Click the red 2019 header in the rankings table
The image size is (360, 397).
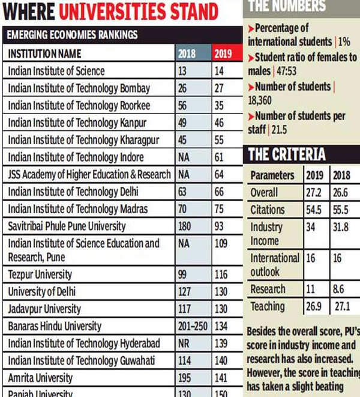tap(223, 54)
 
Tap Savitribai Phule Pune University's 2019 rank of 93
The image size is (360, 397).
tap(221, 226)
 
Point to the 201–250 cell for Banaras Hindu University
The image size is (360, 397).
tap(192, 326)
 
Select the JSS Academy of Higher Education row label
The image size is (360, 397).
tap(89, 175)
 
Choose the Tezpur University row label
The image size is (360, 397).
tap(40, 274)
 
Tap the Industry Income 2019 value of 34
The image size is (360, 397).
tap(311, 228)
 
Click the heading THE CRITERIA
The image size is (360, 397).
tap(287, 154)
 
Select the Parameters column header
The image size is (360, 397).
tap(272, 176)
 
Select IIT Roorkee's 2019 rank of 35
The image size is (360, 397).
tap(221, 106)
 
